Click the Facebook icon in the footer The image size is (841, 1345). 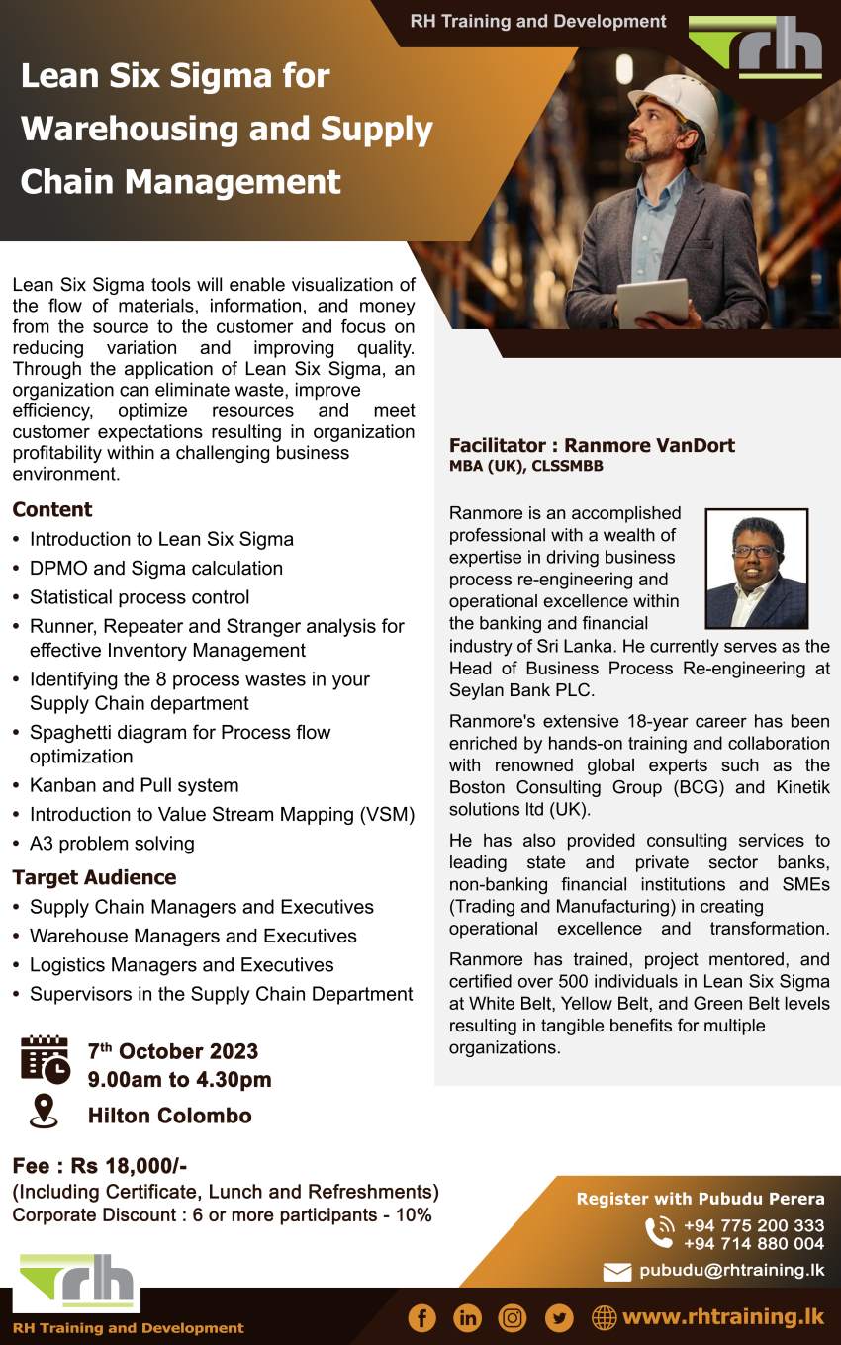[x=421, y=1317]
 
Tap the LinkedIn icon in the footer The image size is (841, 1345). [x=467, y=1317]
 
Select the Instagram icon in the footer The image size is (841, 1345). [x=513, y=1317]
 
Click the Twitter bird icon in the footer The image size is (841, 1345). [x=559, y=1317]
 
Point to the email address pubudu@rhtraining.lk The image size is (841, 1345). [x=731, y=1271]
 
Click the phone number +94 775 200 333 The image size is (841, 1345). [x=753, y=1226]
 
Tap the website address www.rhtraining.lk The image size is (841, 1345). [x=723, y=1317]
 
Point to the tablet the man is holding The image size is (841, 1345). [x=652, y=301]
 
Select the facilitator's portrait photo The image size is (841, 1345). [x=756, y=569]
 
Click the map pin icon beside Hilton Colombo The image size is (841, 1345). [x=44, y=1113]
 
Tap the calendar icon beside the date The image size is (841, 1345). [x=45, y=1060]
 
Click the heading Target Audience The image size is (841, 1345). [x=94, y=877]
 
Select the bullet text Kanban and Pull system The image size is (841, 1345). [x=134, y=785]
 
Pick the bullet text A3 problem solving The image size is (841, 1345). [x=112, y=844]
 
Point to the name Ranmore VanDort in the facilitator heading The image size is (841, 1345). [x=649, y=445]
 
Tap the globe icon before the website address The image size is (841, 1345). [x=604, y=1317]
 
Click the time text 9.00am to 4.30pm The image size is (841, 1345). [x=179, y=1080]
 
